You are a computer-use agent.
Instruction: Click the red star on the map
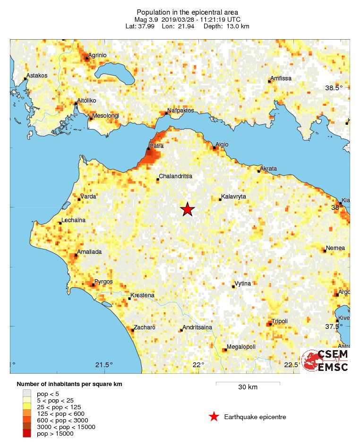(x=188, y=209)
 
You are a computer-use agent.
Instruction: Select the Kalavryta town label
(x=233, y=196)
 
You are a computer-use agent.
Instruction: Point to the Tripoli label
(x=279, y=321)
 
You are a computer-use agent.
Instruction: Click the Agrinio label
(x=97, y=55)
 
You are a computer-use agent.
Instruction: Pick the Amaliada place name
(x=90, y=252)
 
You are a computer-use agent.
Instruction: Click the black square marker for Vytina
(x=232, y=286)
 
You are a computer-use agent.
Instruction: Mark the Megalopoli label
(x=241, y=347)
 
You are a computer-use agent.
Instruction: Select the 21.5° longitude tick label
(x=104, y=364)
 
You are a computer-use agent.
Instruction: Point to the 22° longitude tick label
(x=198, y=364)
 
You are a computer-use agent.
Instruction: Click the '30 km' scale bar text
(x=248, y=387)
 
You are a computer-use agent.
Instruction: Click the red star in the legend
(x=214, y=417)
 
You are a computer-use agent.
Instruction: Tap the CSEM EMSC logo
(x=326, y=361)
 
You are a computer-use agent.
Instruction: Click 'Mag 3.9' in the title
(x=147, y=19)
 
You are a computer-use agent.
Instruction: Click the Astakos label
(x=37, y=75)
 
